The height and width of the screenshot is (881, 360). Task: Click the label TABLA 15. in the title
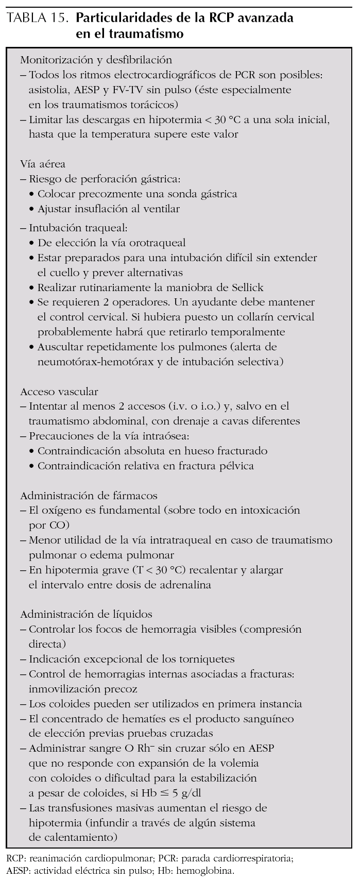[36, 19]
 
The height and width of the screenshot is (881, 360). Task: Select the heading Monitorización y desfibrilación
[96, 60]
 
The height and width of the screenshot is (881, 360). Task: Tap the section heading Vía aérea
[43, 164]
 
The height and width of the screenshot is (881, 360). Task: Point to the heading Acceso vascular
[59, 392]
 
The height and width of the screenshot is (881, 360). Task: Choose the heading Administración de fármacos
[89, 496]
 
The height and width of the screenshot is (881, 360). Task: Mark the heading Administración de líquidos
[86, 614]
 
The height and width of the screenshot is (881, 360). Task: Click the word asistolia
[49, 90]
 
